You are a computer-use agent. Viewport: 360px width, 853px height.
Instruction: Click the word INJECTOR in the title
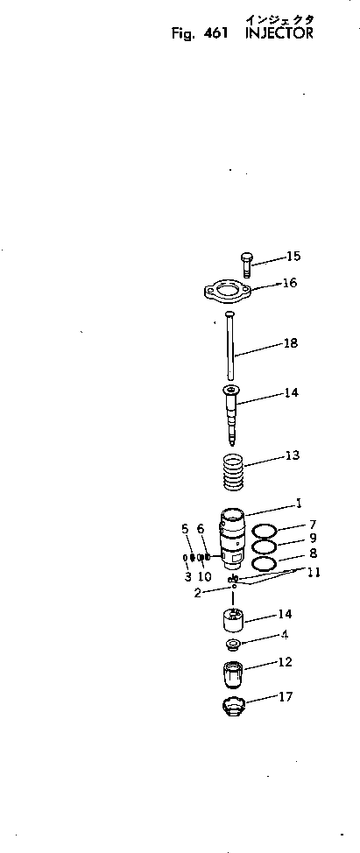click(x=279, y=34)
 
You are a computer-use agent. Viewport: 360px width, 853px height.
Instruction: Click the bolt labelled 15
click(x=245, y=263)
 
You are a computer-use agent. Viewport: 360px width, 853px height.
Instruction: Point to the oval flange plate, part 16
click(x=229, y=291)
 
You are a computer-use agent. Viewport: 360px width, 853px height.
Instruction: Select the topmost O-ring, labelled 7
click(x=265, y=531)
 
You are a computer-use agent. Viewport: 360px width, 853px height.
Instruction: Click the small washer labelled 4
click(x=233, y=646)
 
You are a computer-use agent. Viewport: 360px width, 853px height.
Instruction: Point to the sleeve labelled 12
click(x=232, y=677)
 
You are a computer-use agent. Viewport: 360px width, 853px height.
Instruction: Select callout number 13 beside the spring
click(x=292, y=455)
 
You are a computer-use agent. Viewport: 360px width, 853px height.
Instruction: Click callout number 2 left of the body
click(x=198, y=593)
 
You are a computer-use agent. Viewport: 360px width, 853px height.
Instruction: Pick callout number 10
click(x=204, y=577)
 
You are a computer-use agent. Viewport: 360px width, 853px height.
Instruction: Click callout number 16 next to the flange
click(x=290, y=283)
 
